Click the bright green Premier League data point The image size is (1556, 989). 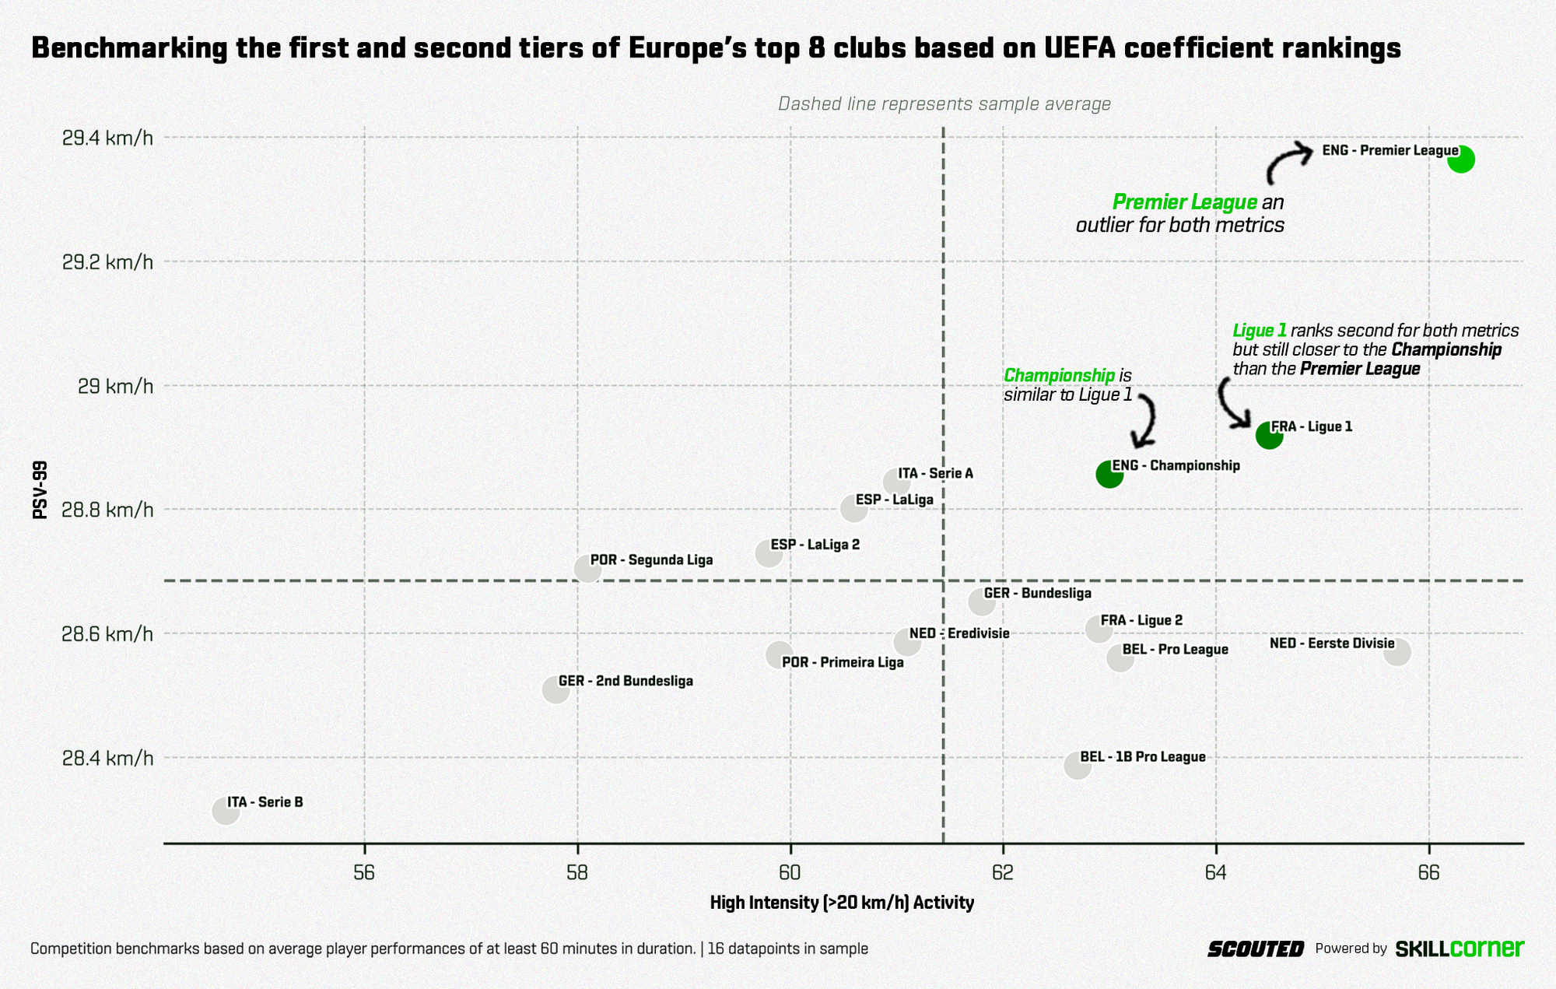(x=1461, y=160)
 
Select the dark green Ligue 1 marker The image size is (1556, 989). (x=1269, y=436)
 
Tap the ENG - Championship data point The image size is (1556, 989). (x=1109, y=474)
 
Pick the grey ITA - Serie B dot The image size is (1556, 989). (x=226, y=811)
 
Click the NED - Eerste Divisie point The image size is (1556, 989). (x=1397, y=652)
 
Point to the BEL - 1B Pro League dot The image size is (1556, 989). (x=1078, y=766)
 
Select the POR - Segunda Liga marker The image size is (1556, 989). (x=587, y=569)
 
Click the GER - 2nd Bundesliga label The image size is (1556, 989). (x=626, y=681)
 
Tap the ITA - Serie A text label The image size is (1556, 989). (x=935, y=473)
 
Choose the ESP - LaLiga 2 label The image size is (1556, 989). (x=815, y=544)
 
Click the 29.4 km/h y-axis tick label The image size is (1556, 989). (x=107, y=139)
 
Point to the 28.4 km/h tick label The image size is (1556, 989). (x=107, y=758)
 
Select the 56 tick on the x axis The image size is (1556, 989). (x=364, y=872)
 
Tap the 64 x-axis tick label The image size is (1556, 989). (x=1216, y=872)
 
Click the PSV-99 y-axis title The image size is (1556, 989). (x=40, y=489)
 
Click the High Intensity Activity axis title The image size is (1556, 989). (x=842, y=903)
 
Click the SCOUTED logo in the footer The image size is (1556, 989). (x=1255, y=949)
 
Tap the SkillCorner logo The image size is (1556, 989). (x=1459, y=949)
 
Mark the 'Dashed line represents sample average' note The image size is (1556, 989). (x=944, y=103)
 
